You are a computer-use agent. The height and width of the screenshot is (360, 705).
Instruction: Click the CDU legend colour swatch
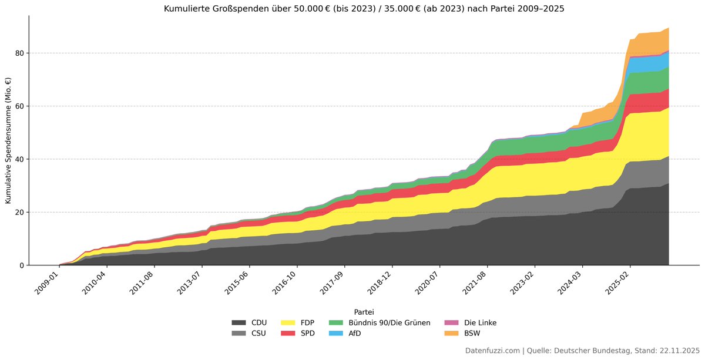(x=239, y=323)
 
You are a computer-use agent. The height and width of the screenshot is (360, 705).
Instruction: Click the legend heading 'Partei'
(x=364, y=312)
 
